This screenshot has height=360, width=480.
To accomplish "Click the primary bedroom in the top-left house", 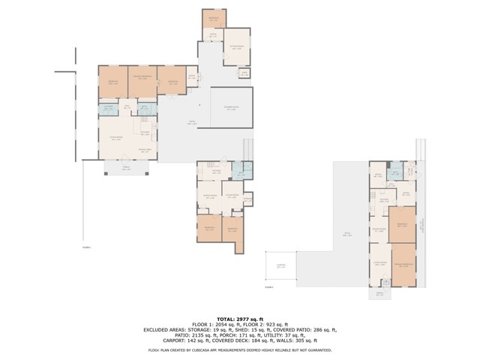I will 142,80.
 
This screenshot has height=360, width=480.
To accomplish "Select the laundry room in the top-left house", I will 109,109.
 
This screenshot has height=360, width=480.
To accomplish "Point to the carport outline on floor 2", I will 280,265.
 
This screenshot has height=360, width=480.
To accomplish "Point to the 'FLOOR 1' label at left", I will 86,247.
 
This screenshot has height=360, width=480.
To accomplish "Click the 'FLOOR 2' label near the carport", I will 269,286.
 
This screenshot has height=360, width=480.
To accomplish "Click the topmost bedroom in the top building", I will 214,17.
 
